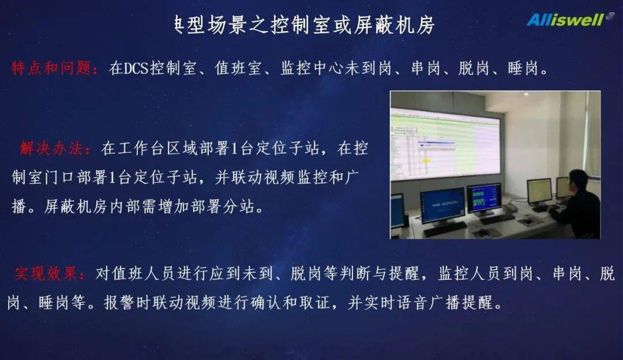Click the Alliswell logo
click(x=565, y=20)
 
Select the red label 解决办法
click(x=54, y=148)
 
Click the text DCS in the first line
click(x=136, y=69)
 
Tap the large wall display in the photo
click(x=444, y=141)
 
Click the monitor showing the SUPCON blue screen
click(x=442, y=204)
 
